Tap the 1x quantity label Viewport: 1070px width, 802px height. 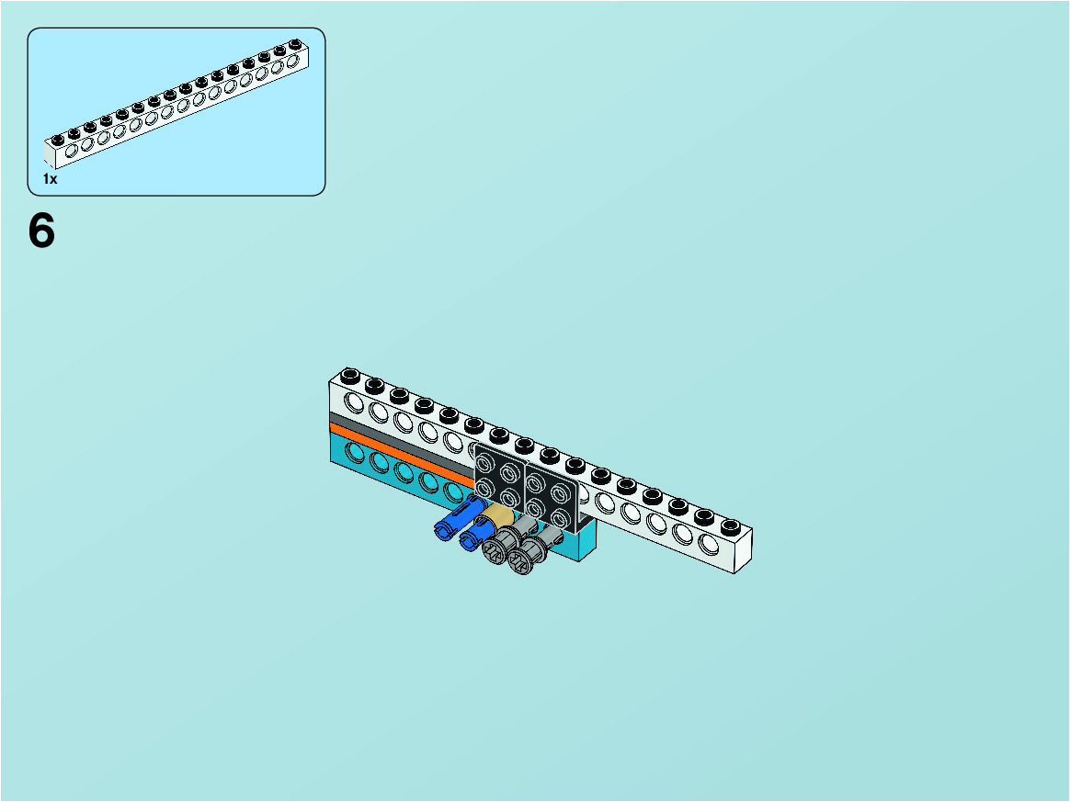pos(50,178)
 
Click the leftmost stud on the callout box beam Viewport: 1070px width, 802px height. pos(58,140)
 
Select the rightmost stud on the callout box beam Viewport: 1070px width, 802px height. pos(295,44)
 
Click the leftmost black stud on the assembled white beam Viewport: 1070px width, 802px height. pos(350,375)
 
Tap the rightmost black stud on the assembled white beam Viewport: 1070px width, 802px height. pos(730,526)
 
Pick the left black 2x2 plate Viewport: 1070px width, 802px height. pos(499,480)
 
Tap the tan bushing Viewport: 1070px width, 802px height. pos(498,516)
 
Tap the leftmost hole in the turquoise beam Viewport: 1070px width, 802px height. pos(355,451)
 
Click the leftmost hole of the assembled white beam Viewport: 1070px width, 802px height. pos(354,402)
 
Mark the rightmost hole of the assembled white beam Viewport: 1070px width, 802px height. pos(709,544)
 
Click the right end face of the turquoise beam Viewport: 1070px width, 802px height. pos(587,542)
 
